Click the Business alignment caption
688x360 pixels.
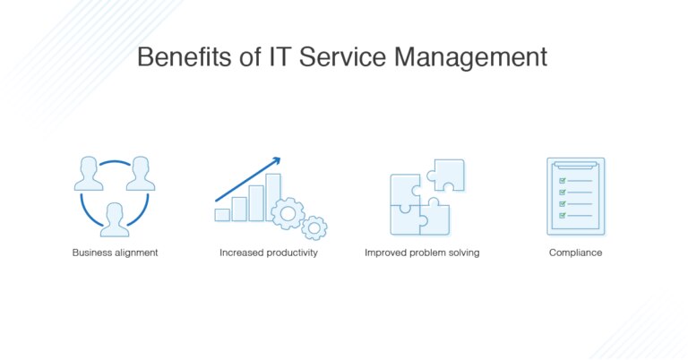[115, 253]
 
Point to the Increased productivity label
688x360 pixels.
[269, 253]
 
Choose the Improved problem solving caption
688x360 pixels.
[422, 253]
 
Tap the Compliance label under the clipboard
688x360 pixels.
[575, 253]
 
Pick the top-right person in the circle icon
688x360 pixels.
[140, 174]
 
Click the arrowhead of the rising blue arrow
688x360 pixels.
[276, 161]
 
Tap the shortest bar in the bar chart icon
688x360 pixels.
[222, 215]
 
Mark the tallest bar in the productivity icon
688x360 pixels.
[273, 196]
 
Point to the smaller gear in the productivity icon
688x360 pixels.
[314, 227]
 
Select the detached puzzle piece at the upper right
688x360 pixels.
[446, 175]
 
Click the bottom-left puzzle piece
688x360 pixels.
[405, 218]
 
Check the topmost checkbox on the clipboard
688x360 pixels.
[563, 180]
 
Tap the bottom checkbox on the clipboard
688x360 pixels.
[563, 215]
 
